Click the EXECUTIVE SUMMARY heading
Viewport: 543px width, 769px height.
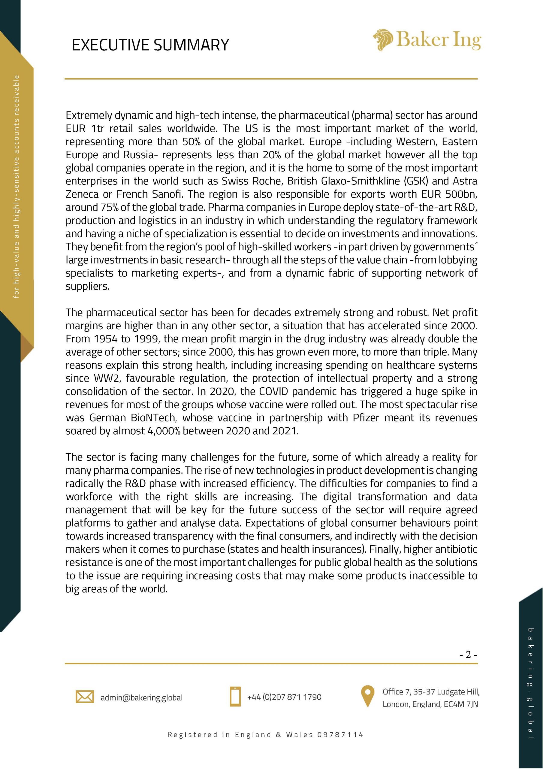pyautogui.click(x=150, y=45)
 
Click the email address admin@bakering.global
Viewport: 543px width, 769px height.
pyautogui.click(x=142, y=698)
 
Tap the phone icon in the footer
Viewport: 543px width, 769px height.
pyautogui.click(x=235, y=697)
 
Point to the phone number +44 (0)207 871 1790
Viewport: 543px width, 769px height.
pyautogui.click(x=284, y=697)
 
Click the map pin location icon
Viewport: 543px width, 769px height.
pyautogui.click(x=368, y=696)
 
